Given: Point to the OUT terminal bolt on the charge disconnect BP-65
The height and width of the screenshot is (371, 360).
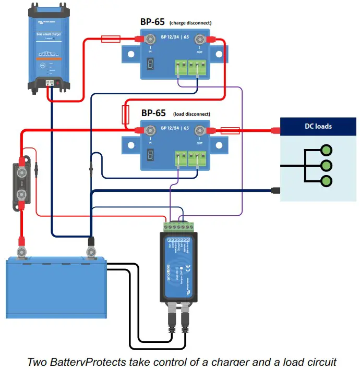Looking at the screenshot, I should [x=199, y=39].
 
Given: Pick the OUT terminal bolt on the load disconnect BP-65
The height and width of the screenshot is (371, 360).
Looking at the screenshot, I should [x=199, y=131].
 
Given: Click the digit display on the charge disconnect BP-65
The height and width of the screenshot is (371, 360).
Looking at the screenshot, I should [x=150, y=64].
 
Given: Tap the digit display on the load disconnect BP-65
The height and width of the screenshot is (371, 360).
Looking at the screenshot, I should [x=150, y=155].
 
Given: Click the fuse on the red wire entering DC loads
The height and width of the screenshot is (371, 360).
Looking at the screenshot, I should [x=230, y=131].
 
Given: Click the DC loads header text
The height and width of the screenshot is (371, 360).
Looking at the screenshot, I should [x=318, y=126].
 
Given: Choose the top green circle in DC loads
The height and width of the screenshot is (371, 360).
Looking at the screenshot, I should [x=327, y=151].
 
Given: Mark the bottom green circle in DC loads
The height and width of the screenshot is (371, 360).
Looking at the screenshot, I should [x=327, y=181].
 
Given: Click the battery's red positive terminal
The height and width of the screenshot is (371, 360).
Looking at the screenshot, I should [x=22, y=252].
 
